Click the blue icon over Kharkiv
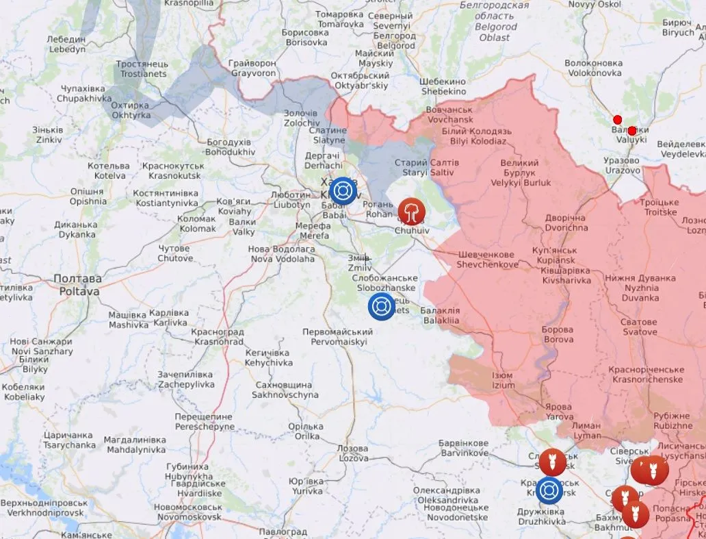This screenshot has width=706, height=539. [343, 190]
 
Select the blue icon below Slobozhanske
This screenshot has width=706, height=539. [381, 306]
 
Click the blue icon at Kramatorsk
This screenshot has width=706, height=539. [549, 490]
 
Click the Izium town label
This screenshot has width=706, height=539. [503, 380]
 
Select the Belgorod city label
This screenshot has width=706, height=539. [395, 40]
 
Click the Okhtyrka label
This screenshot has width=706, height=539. [131, 110]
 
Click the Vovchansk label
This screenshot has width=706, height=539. [449, 114]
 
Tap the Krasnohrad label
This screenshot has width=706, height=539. [219, 336]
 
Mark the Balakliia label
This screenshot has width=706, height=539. [441, 315]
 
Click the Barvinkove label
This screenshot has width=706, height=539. [465, 448]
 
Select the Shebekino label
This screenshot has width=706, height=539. [443, 86]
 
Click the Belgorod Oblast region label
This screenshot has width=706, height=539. [494, 21]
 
